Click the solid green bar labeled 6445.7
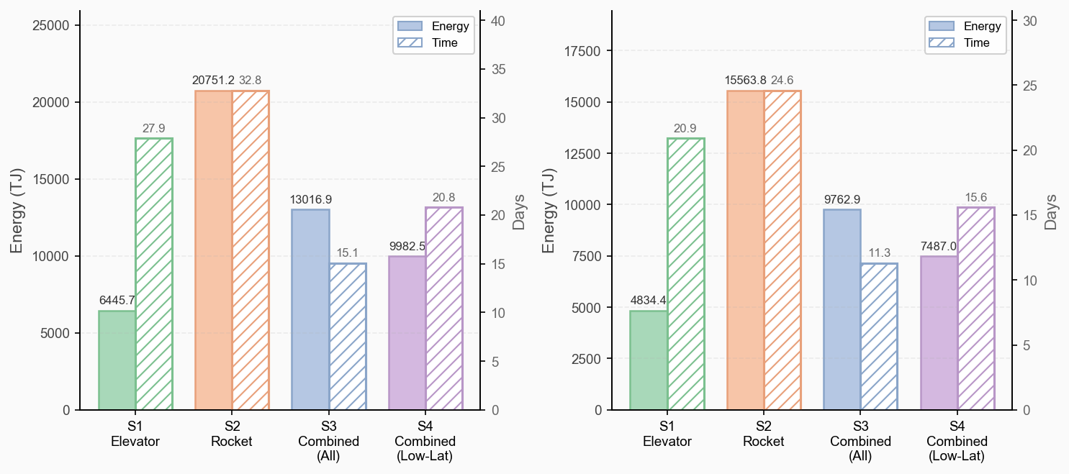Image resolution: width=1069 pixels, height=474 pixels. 117,360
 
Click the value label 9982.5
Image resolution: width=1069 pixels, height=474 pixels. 407,246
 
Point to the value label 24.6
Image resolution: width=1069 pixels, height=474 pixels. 782,81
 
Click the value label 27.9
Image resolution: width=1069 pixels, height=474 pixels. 153,128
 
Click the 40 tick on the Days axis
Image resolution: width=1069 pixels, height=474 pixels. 497,21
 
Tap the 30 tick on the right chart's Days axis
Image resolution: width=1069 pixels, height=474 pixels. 1029,21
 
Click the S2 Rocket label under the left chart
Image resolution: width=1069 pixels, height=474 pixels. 232,434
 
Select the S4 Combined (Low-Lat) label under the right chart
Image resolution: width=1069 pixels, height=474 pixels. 957,441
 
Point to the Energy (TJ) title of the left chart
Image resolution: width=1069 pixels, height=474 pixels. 17,210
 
